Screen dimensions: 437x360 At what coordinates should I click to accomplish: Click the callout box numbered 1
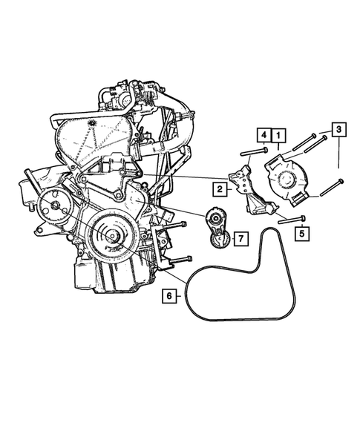coord(278,136)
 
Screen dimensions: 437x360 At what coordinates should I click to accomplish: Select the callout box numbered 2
coord(220,189)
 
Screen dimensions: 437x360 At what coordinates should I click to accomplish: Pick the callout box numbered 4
coord(264,136)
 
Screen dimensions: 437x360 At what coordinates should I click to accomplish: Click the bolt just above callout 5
coord(292,219)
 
